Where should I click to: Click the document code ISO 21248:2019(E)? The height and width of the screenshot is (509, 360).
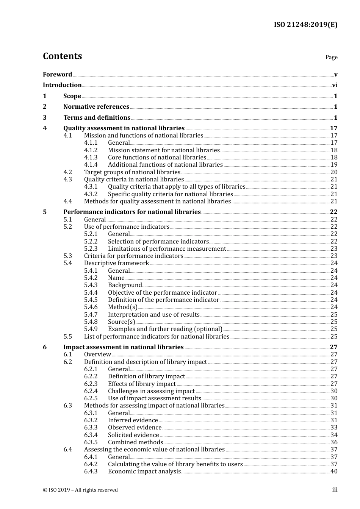pyautogui.click(x=305, y=25)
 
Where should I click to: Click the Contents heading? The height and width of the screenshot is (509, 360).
pyautogui.click(x=62, y=56)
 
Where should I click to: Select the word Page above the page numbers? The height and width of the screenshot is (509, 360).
pyautogui.click(x=331, y=57)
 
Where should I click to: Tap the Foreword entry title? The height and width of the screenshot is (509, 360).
pyautogui.click(x=57, y=75)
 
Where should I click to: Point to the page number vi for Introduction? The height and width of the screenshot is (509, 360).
pyautogui.click(x=335, y=85)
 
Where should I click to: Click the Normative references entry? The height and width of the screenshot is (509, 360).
pyautogui.click(x=96, y=107)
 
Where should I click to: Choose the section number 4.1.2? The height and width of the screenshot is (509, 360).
pyautogui.click(x=91, y=150)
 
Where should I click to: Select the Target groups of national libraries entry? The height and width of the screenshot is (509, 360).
pyautogui.click(x=132, y=172)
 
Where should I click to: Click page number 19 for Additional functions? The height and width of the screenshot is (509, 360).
pyautogui.click(x=334, y=165)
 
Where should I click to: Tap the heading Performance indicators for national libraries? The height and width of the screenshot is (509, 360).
pyautogui.click(x=132, y=212)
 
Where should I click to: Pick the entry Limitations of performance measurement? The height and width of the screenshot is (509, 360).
pyautogui.click(x=167, y=249)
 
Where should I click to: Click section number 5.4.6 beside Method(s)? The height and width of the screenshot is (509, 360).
pyautogui.click(x=91, y=307)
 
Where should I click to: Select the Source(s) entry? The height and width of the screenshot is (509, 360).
pyautogui.click(x=121, y=322)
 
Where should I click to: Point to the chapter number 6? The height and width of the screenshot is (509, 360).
pyautogui.click(x=45, y=347)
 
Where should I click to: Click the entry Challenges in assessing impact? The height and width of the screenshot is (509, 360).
pyautogui.click(x=151, y=391)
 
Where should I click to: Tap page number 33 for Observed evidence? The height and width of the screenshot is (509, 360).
pyautogui.click(x=334, y=428)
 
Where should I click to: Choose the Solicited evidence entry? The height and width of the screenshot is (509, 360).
pyautogui.click(x=133, y=435)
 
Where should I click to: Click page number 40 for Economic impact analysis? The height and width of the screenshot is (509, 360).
pyautogui.click(x=334, y=472)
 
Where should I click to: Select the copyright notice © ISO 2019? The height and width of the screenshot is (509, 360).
pyautogui.click(x=80, y=490)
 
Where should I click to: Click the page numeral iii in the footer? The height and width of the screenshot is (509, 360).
pyautogui.click(x=335, y=490)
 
